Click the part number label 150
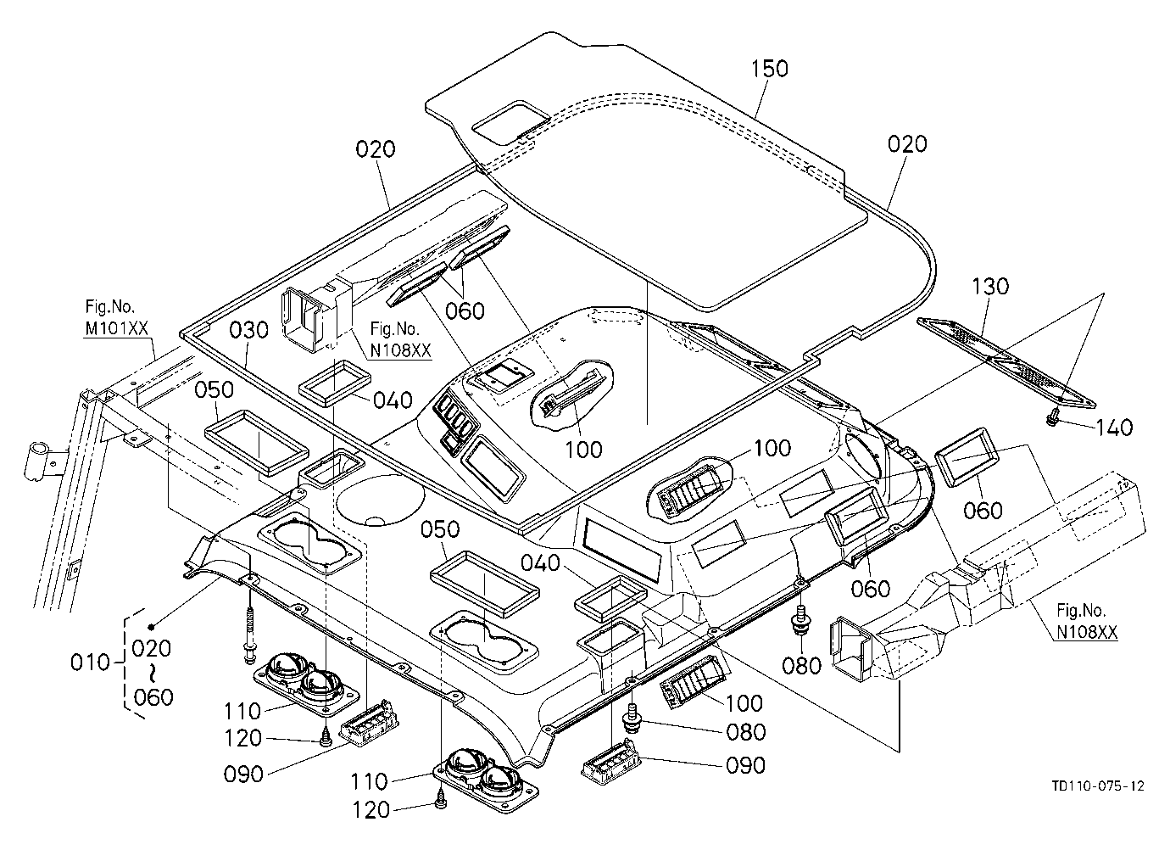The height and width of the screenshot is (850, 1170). (x=769, y=69)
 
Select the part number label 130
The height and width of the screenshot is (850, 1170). (x=990, y=287)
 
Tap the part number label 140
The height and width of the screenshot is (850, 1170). (x=1113, y=428)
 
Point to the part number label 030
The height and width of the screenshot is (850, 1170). (x=249, y=330)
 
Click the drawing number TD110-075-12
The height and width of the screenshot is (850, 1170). (x=1096, y=786)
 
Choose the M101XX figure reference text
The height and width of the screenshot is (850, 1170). (x=116, y=328)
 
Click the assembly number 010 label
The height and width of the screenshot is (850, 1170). (x=90, y=663)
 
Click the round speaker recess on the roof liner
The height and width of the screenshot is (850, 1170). (x=380, y=500)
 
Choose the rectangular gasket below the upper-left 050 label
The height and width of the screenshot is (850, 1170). (x=256, y=444)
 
